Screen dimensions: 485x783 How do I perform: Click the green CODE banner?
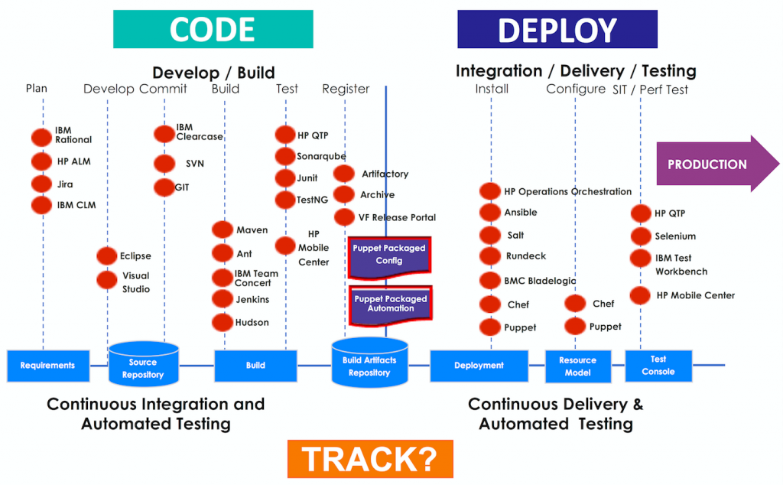coord(213,29)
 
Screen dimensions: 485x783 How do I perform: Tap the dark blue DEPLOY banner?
coord(557,29)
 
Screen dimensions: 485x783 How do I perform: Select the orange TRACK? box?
coord(370,459)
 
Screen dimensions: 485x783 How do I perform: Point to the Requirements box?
coord(47,365)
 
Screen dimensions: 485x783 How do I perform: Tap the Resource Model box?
coord(577,366)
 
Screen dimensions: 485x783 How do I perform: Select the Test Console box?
coord(658,365)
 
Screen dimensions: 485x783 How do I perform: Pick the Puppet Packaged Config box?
coord(388,255)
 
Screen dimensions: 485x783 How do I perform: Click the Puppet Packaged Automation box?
coord(390,304)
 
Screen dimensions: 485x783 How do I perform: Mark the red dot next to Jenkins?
coord(223,298)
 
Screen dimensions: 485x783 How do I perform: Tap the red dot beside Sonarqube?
coord(285,157)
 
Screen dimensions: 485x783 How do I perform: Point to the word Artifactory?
coord(385,174)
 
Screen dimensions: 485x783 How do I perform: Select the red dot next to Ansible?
coord(490,213)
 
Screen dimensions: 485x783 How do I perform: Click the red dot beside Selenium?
coord(641,236)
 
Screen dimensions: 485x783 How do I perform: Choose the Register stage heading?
coord(346,89)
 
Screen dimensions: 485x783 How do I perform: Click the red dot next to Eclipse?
coord(107,256)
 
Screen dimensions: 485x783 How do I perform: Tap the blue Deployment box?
coord(479,365)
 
